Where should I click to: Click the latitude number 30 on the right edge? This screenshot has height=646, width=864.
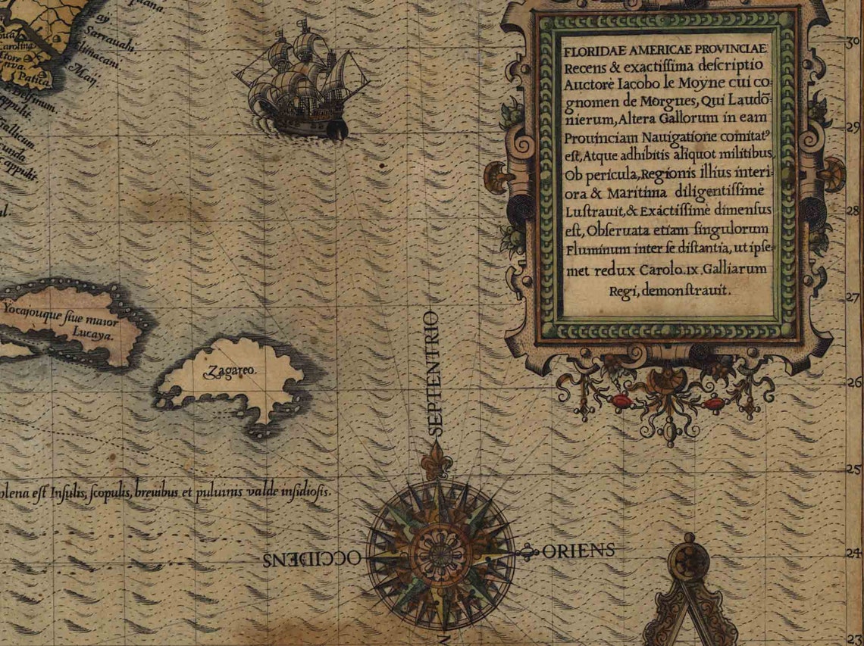[853, 44]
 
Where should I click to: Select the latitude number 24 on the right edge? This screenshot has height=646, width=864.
[854, 554]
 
